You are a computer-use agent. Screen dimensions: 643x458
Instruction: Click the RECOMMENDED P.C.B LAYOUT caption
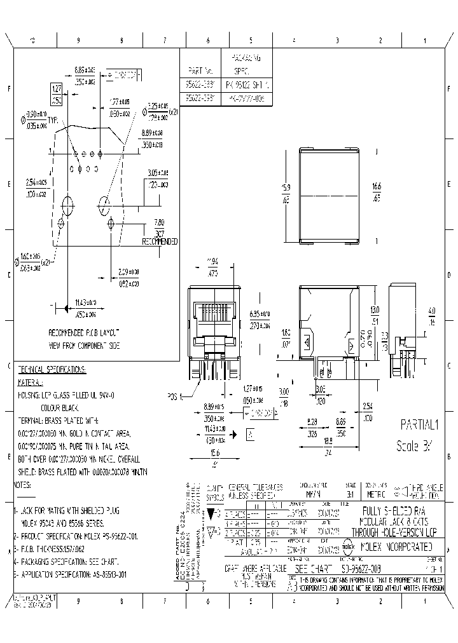pos(84,332)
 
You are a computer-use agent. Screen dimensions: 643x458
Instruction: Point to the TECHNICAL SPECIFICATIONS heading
pos(52,369)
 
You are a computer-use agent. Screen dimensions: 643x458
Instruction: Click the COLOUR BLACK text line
pos(63,407)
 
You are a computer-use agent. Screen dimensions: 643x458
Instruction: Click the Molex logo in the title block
pos(349,546)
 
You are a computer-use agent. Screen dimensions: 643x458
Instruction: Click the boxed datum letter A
pos(251,435)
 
